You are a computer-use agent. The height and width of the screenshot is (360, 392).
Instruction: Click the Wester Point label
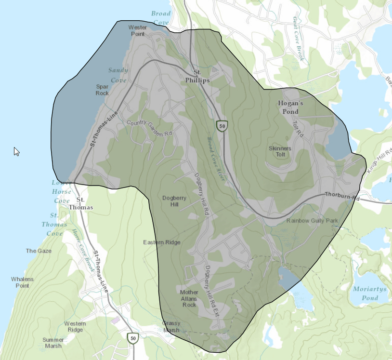[x=137, y=31]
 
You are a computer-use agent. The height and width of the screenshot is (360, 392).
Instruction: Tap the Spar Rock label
[x=102, y=90]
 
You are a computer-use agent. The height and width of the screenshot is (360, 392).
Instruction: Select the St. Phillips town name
[x=197, y=76]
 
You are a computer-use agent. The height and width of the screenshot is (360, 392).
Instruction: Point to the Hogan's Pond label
[x=291, y=107]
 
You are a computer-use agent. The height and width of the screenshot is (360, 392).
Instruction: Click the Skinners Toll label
[x=280, y=151]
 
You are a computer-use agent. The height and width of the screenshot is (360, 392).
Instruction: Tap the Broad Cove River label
[x=216, y=159]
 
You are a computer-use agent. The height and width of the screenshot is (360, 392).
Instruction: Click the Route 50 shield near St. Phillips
[x=222, y=126]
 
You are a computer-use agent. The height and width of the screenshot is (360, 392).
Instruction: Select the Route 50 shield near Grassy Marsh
[x=132, y=338]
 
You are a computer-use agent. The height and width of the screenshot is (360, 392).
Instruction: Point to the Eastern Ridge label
[x=161, y=242]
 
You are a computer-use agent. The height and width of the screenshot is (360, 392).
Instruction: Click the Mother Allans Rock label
[x=189, y=298]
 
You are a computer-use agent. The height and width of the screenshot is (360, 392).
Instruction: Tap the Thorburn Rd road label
[x=342, y=195]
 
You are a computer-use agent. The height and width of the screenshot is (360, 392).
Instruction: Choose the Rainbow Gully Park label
[x=313, y=220]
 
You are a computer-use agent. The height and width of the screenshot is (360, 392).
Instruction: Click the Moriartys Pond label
[x=365, y=293]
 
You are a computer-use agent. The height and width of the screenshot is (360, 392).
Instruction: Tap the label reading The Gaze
[x=38, y=251]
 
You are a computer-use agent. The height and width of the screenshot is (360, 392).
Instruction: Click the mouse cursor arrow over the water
[x=16, y=151]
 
